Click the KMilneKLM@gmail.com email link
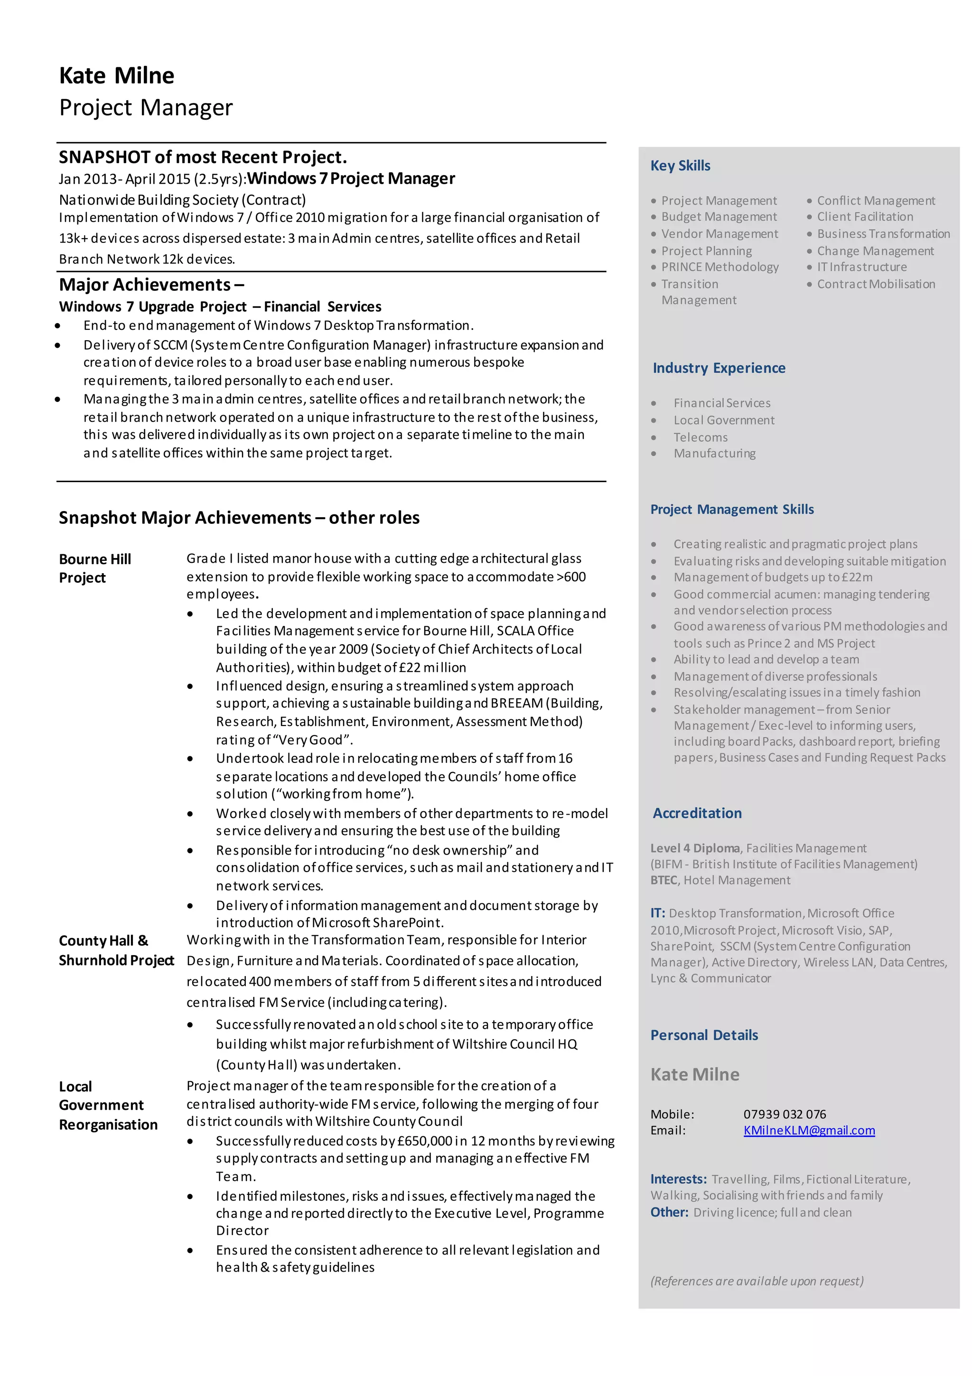pyautogui.click(x=808, y=1130)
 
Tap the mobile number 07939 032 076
pyautogui.click(x=785, y=1114)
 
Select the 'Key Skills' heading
pyautogui.click(x=680, y=166)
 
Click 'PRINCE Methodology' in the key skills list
pyautogui.click(x=720, y=267)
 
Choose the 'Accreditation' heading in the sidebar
pyautogui.click(x=697, y=813)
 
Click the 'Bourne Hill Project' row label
pyautogui.click(x=95, y=567)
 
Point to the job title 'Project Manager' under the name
pyautogui.click(x=146, y=107)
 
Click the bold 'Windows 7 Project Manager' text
pyautogui.click(x=351, y=178)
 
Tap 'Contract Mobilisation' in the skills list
pyautogui.click(x=876, y=284)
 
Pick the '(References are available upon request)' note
pyautogui.click(x=757, y=1281)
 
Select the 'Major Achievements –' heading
pyautogui.click(x=151, y=284)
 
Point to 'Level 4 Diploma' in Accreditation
pyautogui.click(x=695, y=847)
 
